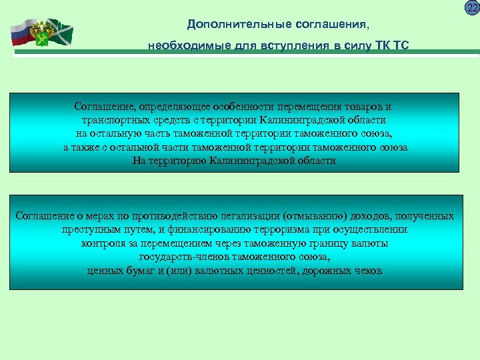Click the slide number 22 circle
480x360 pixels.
(472, 7)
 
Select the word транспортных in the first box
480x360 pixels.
(119, 120)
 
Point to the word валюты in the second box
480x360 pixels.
(371, 243)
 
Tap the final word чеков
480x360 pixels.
(368, 271)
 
